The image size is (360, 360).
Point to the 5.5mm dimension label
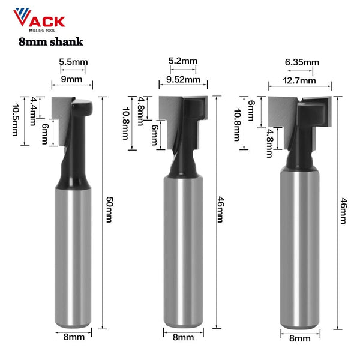[x=73, y=62]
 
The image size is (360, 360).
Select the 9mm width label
[x=71, y=79]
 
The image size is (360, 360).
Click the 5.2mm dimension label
[x=183, y=61]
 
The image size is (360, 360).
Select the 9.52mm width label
[x=183, y=79]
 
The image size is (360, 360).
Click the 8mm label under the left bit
[x=74, y=337]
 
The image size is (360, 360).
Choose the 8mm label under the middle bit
[x=183, y=338]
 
